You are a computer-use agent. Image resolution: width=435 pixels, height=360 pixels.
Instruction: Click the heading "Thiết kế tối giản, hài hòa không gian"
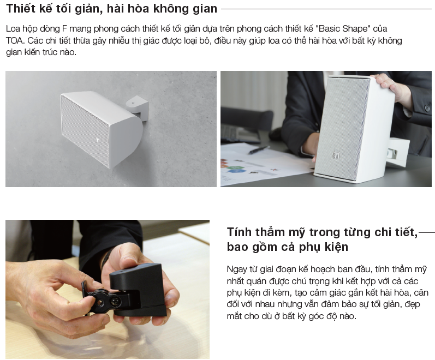point(111,9)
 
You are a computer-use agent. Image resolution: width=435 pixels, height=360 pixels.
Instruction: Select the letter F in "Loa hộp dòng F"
point(64,28)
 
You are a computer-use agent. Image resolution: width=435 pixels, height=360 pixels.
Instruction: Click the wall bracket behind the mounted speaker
point(137,107)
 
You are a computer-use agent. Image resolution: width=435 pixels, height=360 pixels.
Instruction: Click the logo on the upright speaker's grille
point(337,155)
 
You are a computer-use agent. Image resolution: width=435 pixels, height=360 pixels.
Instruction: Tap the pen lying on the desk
point(259,150)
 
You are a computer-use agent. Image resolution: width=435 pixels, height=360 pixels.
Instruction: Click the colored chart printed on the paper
point(233,166)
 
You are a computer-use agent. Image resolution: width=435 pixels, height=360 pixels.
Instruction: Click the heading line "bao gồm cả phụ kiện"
point(288,247)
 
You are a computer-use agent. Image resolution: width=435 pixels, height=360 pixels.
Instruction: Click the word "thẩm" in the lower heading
point(271,232)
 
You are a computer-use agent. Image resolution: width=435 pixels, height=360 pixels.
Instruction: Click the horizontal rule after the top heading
point(326,9)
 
